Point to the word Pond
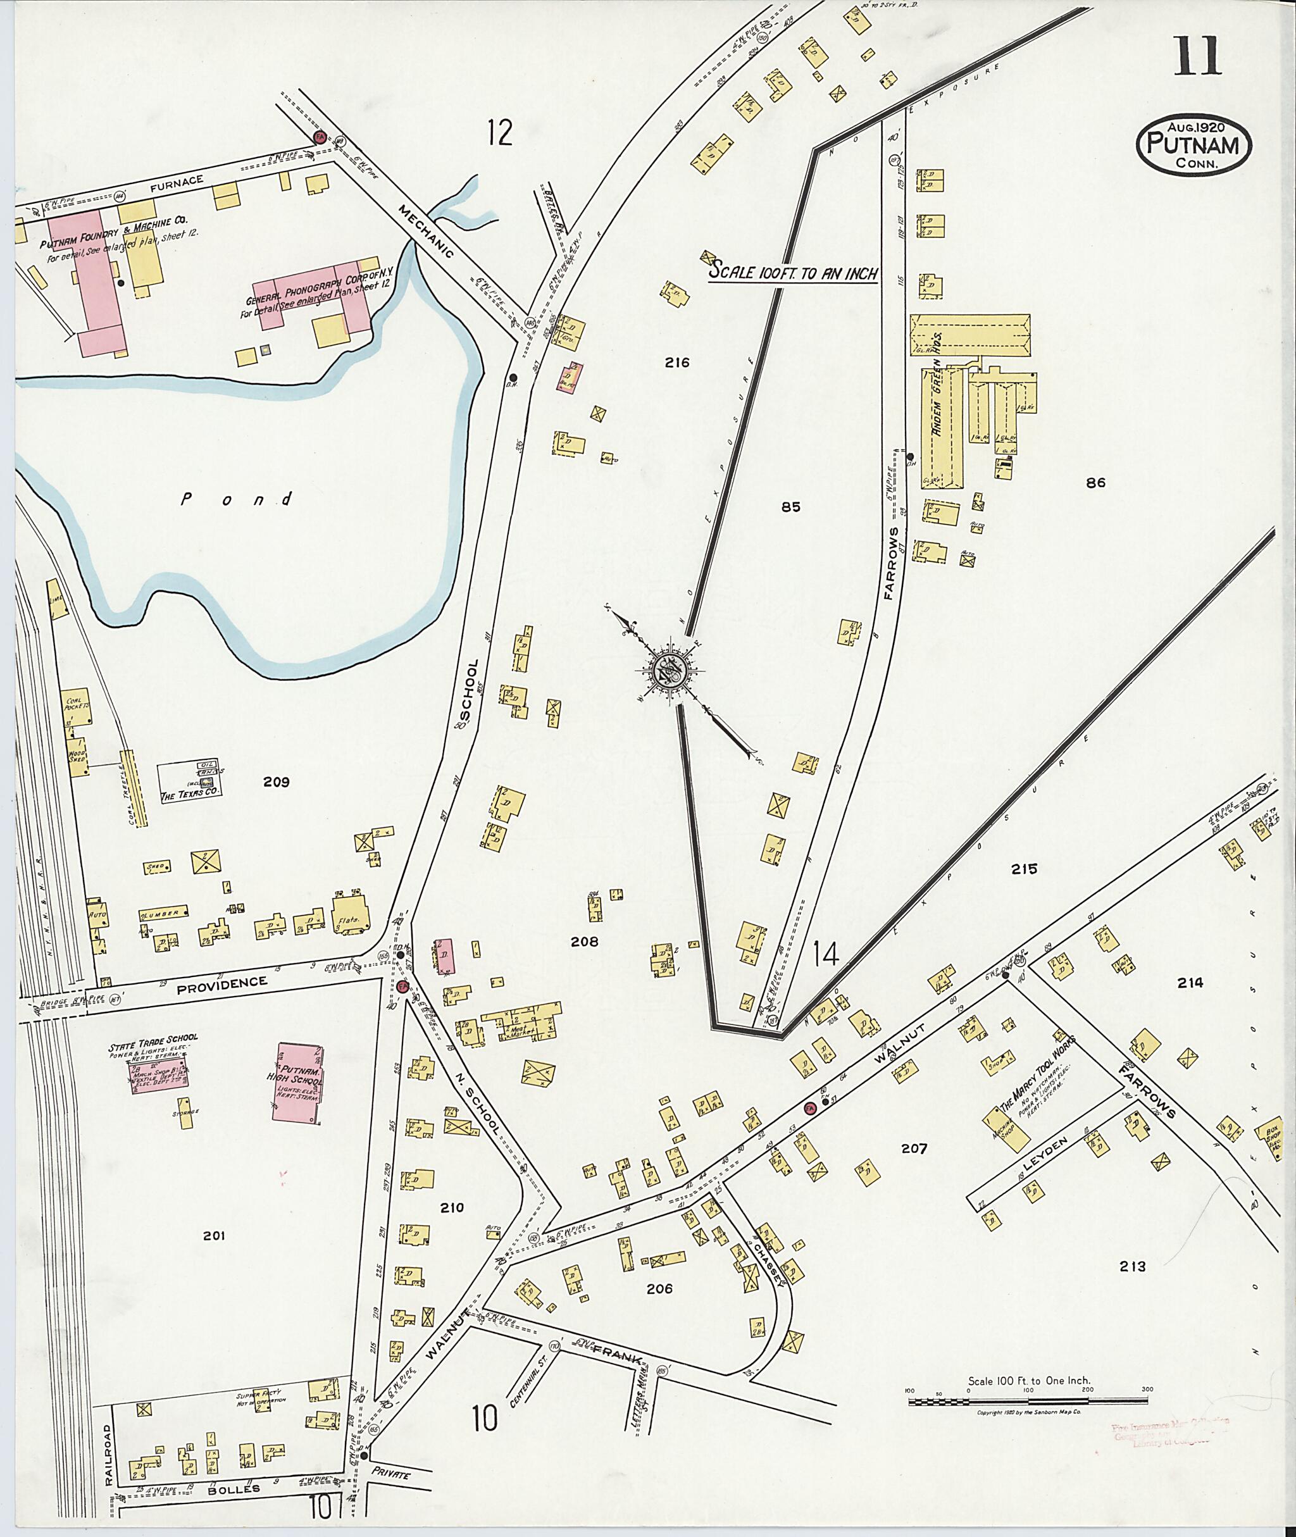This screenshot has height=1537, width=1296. pyautogui.click(x=237, y=500)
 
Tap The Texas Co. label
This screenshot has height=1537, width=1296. pyautogui.click(x=190, y=795)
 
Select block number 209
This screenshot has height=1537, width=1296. pyautogui.click(x=277, y=781)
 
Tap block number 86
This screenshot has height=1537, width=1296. pyautogui.click(x=1095, y=483)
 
